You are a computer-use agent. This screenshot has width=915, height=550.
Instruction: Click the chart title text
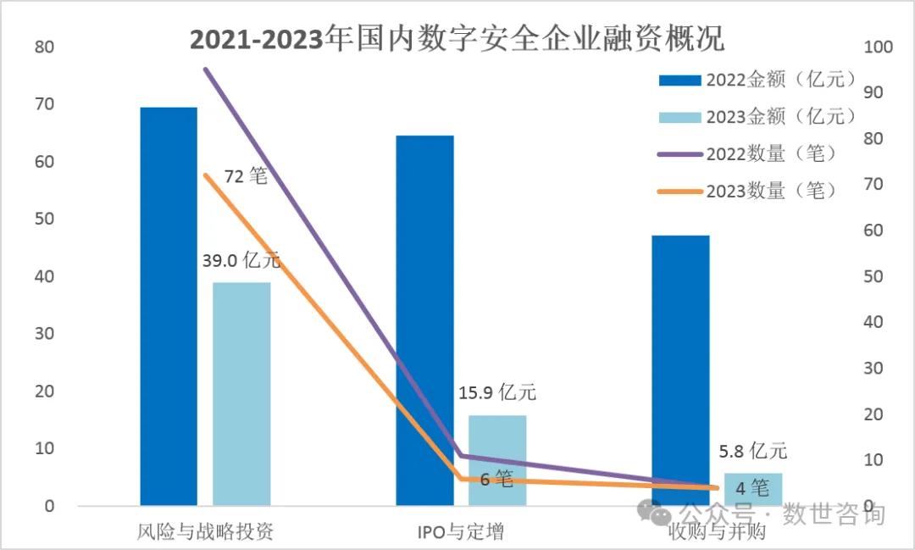(x=457, y=40)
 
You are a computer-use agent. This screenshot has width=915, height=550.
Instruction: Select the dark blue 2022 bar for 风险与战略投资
(x=169, y=305)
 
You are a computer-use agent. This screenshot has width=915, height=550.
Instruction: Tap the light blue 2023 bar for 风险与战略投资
(x=241, y=394)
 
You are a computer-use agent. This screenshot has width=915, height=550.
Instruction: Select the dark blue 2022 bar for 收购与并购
(x=680, y=370)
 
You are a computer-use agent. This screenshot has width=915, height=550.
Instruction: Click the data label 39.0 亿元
(x=241, y=261)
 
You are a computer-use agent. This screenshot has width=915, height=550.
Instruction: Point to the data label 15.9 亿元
(x=497, y=393)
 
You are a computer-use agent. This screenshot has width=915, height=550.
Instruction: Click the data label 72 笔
(x=246, y=177)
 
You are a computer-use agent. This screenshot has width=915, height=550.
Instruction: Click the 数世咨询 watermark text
(x=834, y=514)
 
